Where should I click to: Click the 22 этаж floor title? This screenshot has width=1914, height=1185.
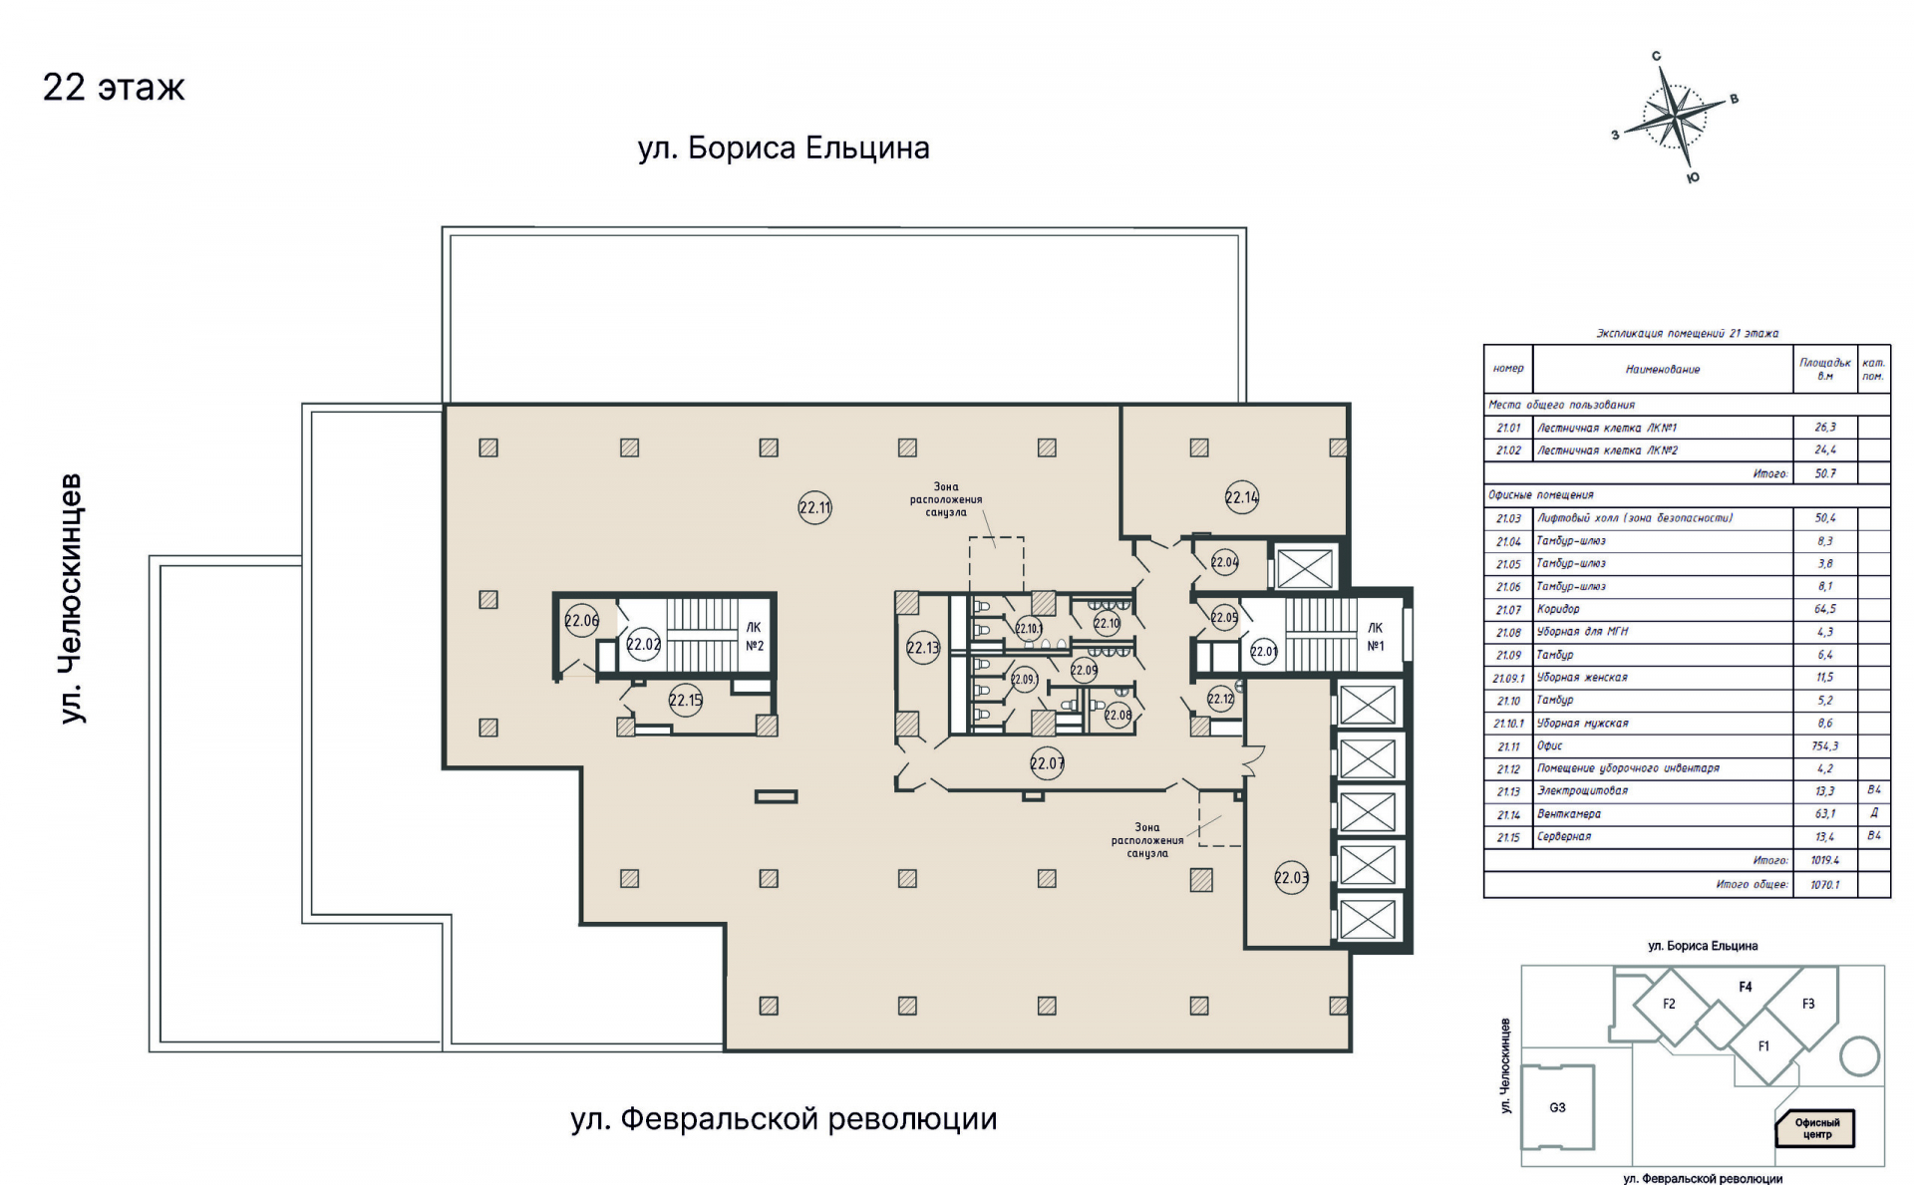click(114, 88)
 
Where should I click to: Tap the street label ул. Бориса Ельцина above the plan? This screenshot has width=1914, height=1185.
click(784, 148)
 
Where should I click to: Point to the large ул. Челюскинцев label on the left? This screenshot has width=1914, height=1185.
click(71, 598)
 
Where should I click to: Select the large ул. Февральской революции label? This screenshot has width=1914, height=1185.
click(784, 1119)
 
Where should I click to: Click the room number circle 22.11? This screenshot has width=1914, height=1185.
click(814, 507)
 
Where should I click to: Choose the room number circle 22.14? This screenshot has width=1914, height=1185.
click(1241, 497)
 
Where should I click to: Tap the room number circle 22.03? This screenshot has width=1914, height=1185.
click(1291, 878)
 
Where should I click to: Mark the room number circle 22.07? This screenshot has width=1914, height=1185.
click(1047, 763)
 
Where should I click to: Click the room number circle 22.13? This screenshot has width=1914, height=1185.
click(923, 648)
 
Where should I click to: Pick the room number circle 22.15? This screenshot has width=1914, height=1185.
click(686, 700)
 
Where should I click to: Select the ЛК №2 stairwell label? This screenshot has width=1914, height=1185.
click(755, 636)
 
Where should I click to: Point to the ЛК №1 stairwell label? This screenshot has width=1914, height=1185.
click(1375, 637)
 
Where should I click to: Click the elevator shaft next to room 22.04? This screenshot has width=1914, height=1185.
click(1304, 568)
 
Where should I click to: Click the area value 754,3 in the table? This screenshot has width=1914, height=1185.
click(1824, 745)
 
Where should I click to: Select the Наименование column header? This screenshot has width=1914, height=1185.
click(1662, 370)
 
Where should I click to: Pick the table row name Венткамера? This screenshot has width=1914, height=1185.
click(1568, 814)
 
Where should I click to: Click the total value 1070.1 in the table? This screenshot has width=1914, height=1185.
click(1824, 885)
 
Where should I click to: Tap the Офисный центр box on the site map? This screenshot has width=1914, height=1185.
click(1816, 1128)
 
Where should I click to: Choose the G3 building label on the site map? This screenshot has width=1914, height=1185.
click(1557, 1107)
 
